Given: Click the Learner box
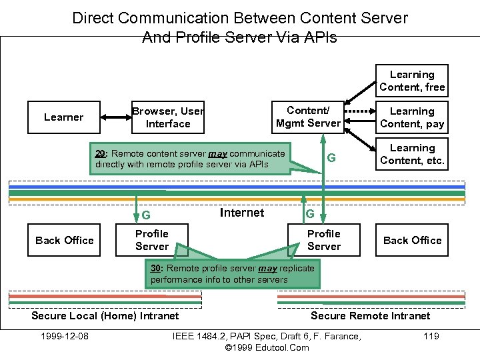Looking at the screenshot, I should pos(63,117).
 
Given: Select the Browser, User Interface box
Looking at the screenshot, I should pos(167,117).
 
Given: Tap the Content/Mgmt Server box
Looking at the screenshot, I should pos(308,117).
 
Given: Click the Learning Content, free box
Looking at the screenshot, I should pos(412,81).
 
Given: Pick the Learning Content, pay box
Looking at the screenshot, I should pos(412,117).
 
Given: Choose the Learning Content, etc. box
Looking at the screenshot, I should pos(412,154).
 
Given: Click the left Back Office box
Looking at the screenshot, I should pos(64,240).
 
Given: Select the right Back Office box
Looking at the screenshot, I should pos(412,240).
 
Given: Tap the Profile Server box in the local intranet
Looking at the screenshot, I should pos(151,240).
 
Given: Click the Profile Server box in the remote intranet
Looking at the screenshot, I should pos(323,240).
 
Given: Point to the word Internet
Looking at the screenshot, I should pos(241,213).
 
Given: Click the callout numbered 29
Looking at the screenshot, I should pos(191,159).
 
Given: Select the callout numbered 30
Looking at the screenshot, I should pos(233,274).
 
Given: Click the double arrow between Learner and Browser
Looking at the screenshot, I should pos(114,117).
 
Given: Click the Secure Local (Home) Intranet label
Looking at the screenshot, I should pos(105,315).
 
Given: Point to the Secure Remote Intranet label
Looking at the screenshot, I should pos(371,315).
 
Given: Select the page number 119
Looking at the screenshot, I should pos(431,336).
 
